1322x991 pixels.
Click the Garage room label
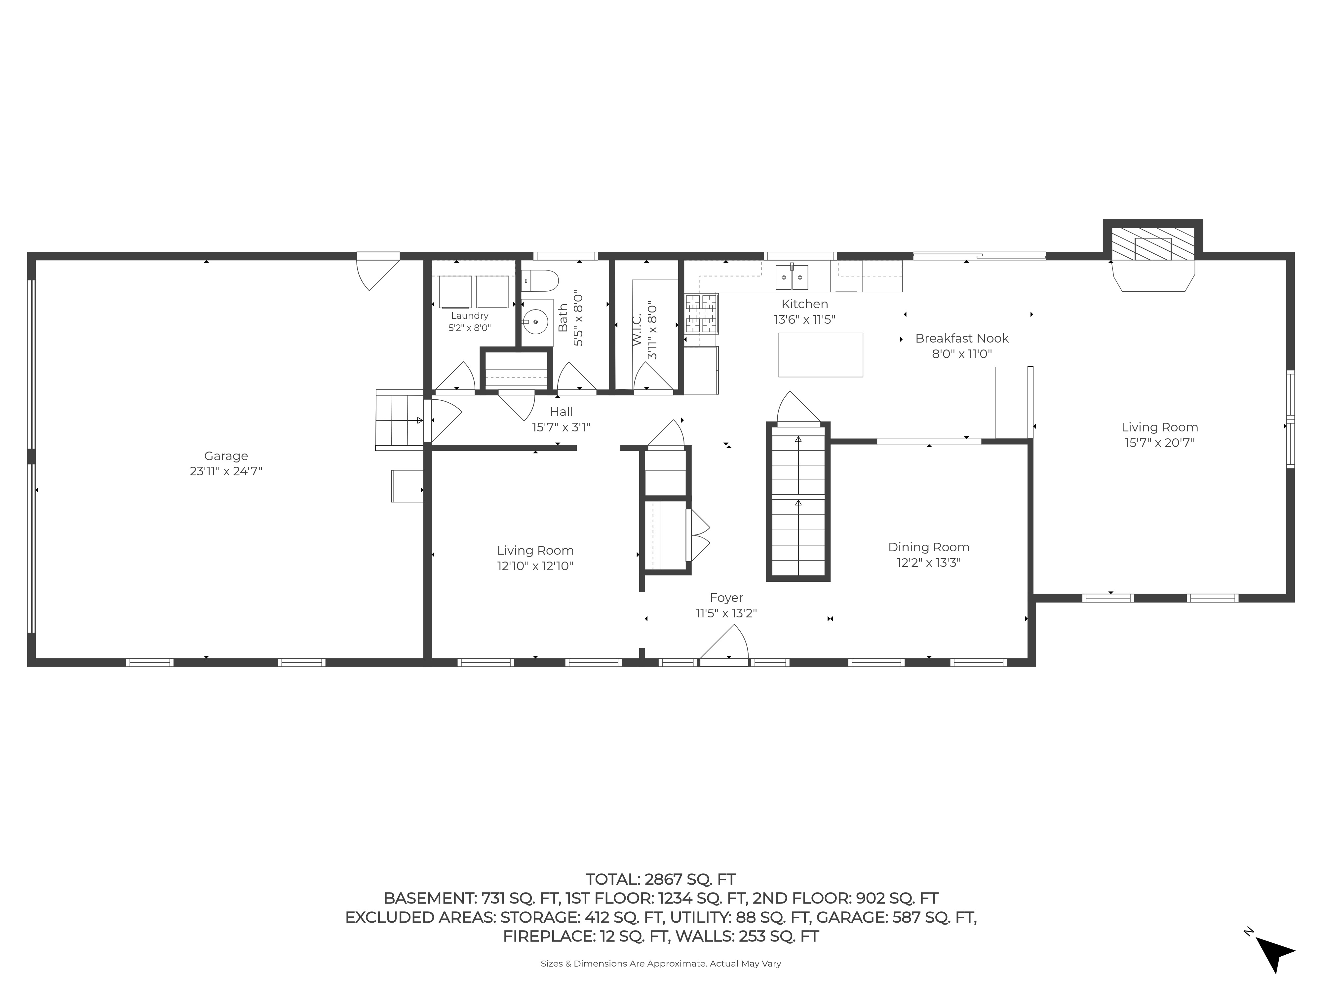point(226,456)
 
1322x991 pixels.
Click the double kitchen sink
point(792,277)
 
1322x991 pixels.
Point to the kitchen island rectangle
point(821,355)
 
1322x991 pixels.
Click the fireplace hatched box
point(1152,244)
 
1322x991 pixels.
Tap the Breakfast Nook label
point(962,338)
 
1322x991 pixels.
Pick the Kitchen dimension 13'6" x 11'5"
point(804,319)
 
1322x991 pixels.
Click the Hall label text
point(561,412)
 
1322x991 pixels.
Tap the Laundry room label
point(470,315)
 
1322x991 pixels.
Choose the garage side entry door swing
point(378,272)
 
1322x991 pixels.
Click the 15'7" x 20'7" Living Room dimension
point(1159,443)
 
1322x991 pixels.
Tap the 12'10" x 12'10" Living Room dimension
point(535,566)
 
